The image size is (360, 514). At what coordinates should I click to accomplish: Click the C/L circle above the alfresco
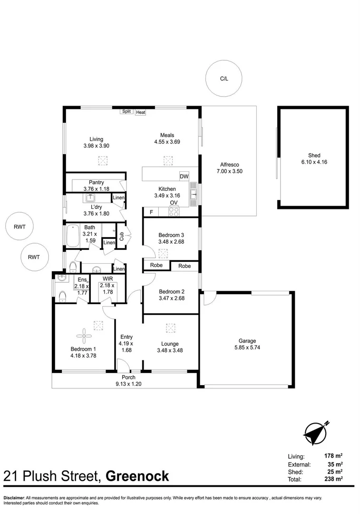tap(224, 79)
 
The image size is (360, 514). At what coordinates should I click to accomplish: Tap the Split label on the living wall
tap(126, 111)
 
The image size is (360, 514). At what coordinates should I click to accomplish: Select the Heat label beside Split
tap(140, 112)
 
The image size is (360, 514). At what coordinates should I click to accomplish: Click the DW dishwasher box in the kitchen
tap(184, 177)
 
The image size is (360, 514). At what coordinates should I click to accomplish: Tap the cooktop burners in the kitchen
tap(174, 211)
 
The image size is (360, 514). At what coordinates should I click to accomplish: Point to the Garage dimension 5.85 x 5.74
tap(247, 347)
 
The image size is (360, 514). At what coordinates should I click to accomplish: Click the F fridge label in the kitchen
tap(151, 212)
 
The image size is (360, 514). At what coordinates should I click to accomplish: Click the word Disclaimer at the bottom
tap(14, 497)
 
